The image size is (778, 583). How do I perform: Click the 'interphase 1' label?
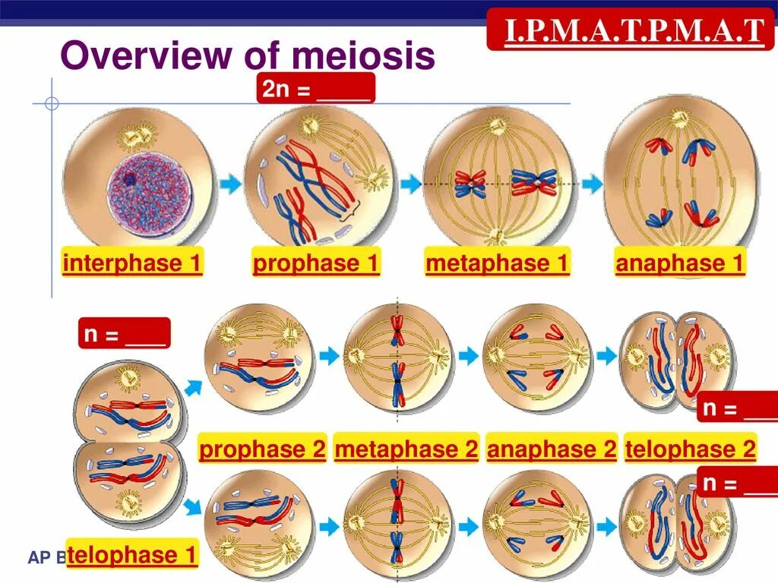tap(132, 263)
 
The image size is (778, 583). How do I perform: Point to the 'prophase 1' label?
tap(315, 263)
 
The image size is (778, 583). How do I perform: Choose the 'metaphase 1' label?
tap(497, 263)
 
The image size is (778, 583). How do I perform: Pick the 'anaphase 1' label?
tap(680, 263)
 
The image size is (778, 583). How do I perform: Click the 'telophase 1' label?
tap(132, 555)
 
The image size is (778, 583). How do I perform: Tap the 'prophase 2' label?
tap(262, 449)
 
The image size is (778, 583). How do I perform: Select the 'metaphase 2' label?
tap(406, 449)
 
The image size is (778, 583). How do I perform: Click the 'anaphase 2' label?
tap(552, 449)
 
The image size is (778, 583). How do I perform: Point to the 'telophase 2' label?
tap(691, 449)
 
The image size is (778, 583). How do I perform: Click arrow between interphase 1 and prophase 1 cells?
tap(230, 183)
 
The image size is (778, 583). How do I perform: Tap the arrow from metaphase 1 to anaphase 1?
tap(592, 183)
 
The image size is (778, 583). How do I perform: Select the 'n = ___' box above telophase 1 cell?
tap(124, 333)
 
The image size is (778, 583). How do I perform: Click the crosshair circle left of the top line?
tap(52, 103)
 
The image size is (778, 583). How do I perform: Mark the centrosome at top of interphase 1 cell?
tap(138, 137)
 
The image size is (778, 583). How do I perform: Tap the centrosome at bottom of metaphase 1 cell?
tap(496, 238)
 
